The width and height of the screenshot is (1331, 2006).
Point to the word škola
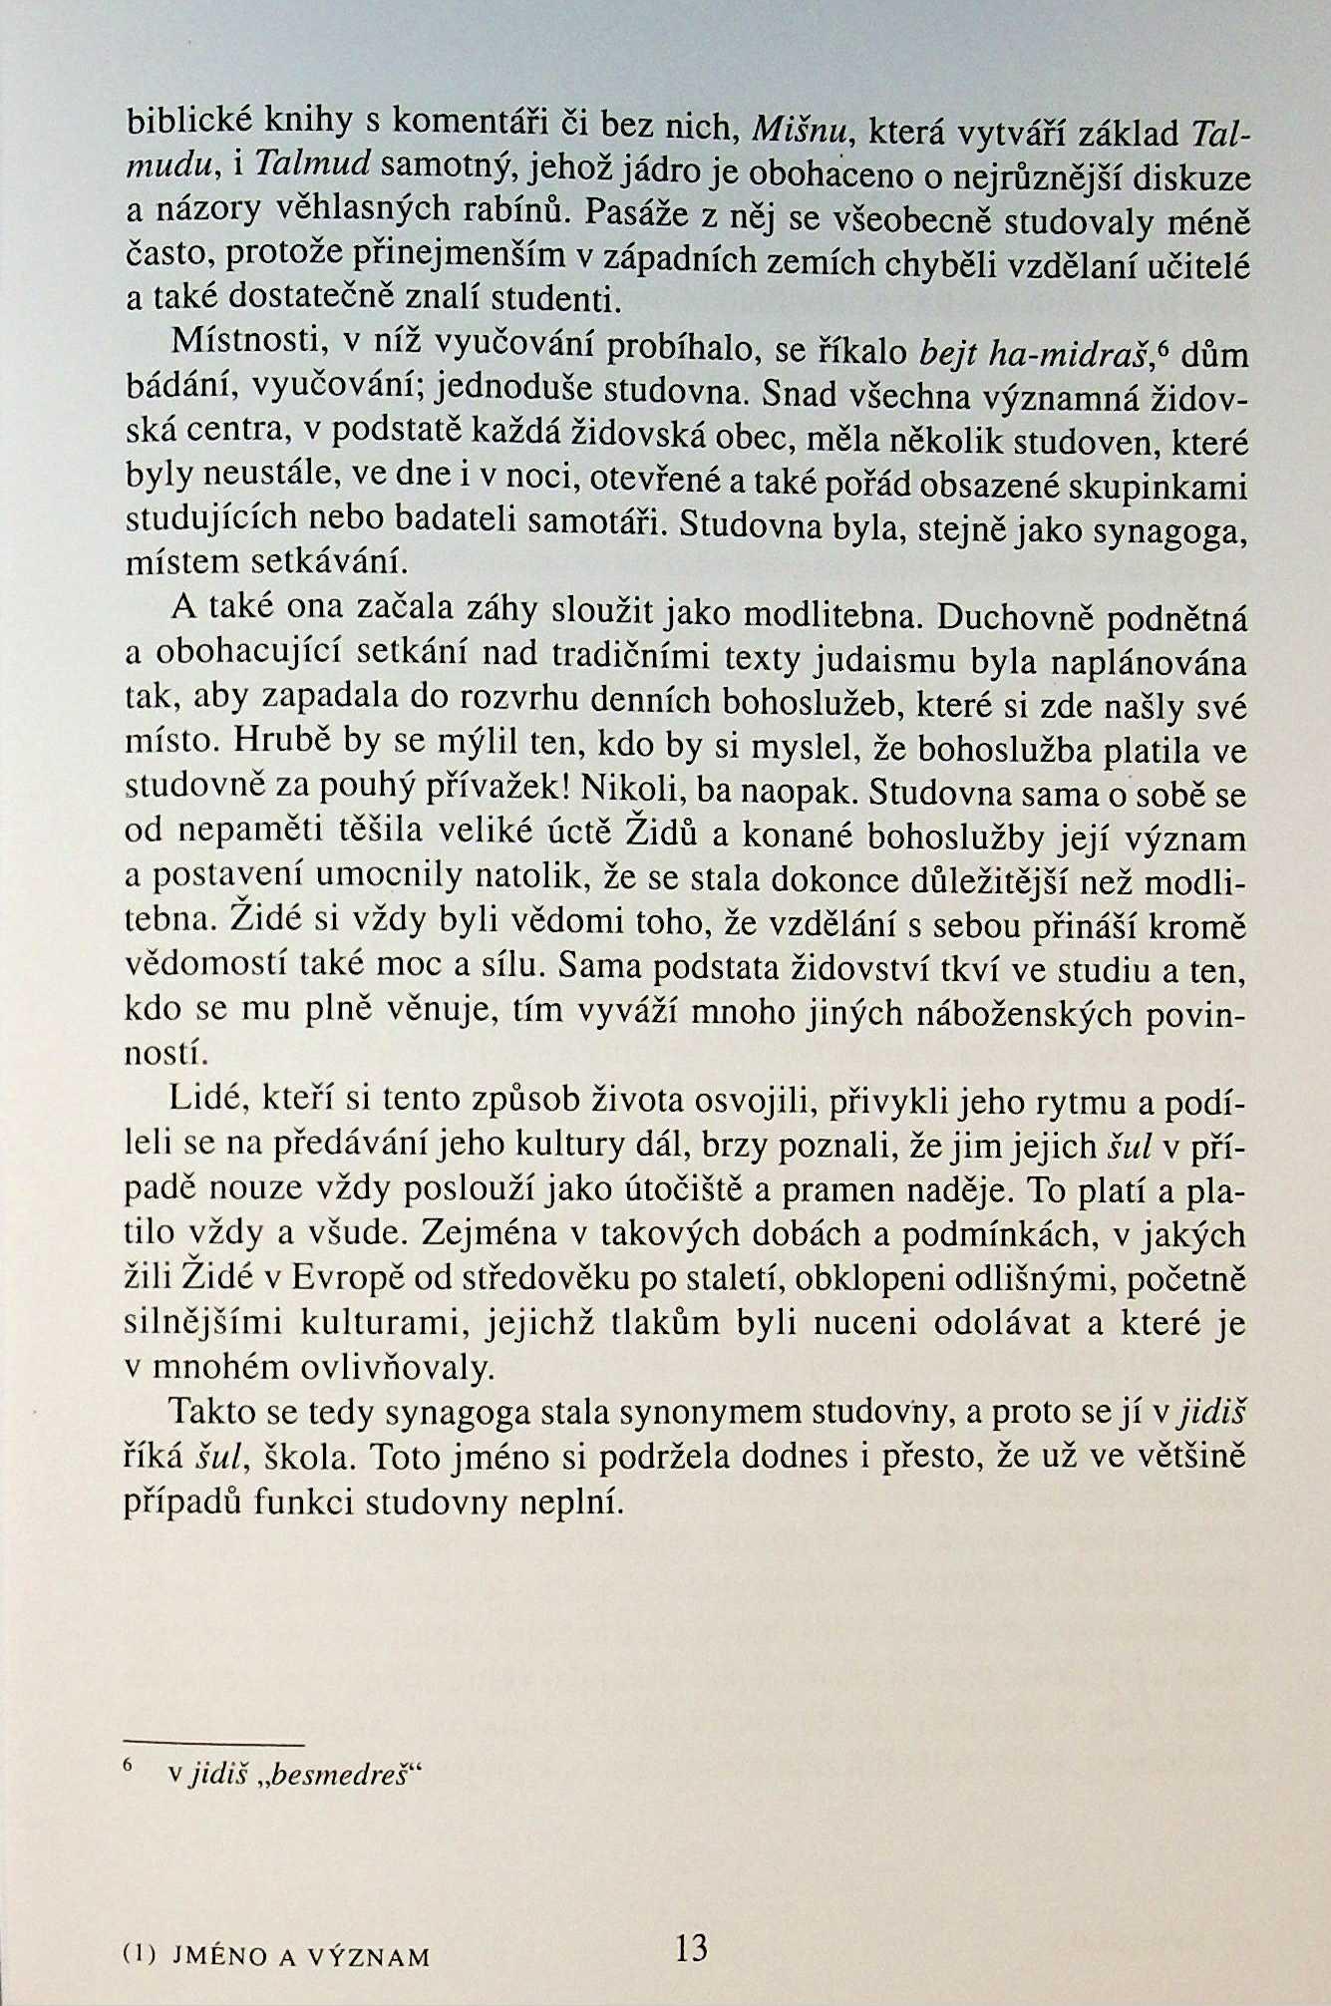305,1457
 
